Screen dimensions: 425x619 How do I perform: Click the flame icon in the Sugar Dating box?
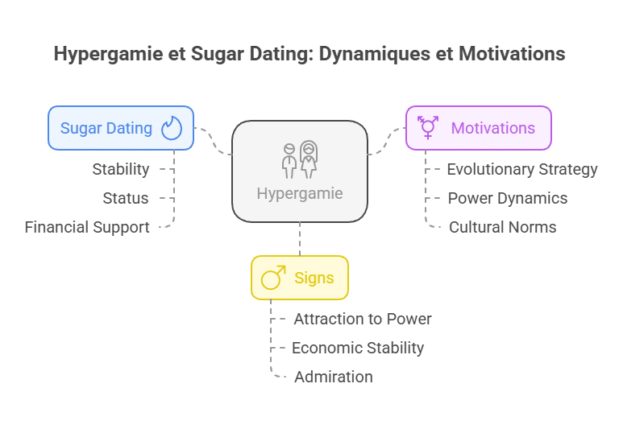point(172,128)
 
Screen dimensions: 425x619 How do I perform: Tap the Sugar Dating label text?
point(106,128)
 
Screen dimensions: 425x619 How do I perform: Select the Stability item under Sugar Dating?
point(121,169)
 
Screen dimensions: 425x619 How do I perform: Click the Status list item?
point(126,198)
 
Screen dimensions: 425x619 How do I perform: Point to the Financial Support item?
point(87,227)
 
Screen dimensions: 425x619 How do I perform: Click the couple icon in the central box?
point(299,159)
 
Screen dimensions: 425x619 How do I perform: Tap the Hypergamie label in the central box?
point(300,193)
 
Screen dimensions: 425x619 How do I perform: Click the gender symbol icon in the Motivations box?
point(427,127)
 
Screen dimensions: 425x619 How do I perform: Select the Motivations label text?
point(492,128)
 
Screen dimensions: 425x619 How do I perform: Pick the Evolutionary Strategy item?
point(522,169)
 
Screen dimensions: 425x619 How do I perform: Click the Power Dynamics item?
point(508,198)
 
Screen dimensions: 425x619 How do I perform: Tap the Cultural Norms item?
point(503,227)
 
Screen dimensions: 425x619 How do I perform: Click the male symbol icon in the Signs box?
point(273,279)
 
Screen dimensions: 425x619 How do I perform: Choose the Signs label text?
point(314,279)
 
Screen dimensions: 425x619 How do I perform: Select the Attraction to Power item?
point(363,319)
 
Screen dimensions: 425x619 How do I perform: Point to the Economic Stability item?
point(358,348)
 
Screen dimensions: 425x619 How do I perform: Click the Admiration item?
point(334,377)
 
